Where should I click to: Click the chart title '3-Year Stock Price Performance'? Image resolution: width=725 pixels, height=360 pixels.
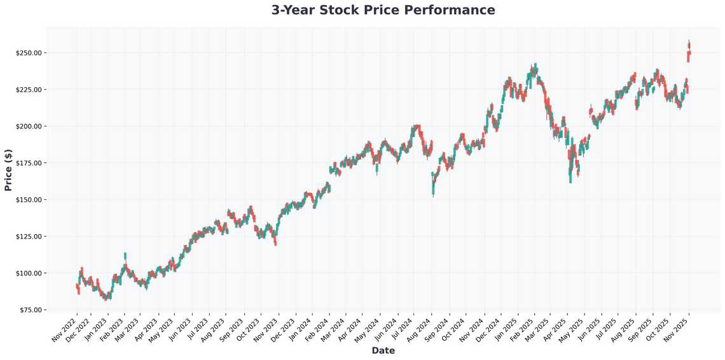pyautogui.click(x=383, y=10)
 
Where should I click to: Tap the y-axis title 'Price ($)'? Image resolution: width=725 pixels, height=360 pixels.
pyautogui.click(x=8, y=170)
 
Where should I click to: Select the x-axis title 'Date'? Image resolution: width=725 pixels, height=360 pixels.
pyautogui.click(x=383, y=350)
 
